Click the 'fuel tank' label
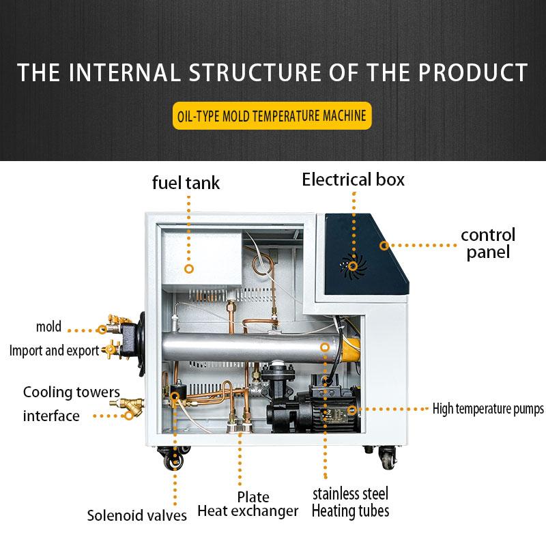tap(186, 183)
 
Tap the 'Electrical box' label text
tap(353, 179)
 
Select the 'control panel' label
tap(487, 244)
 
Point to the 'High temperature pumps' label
tap(488, 409)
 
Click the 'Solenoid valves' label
tap(136, 515)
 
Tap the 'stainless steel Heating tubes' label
tap(350, 502)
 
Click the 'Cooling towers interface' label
tap(70, 403)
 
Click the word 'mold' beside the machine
tap(48, 326)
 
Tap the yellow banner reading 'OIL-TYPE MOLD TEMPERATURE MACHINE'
tap(272, 115)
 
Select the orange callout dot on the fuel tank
tap(190, 270)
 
